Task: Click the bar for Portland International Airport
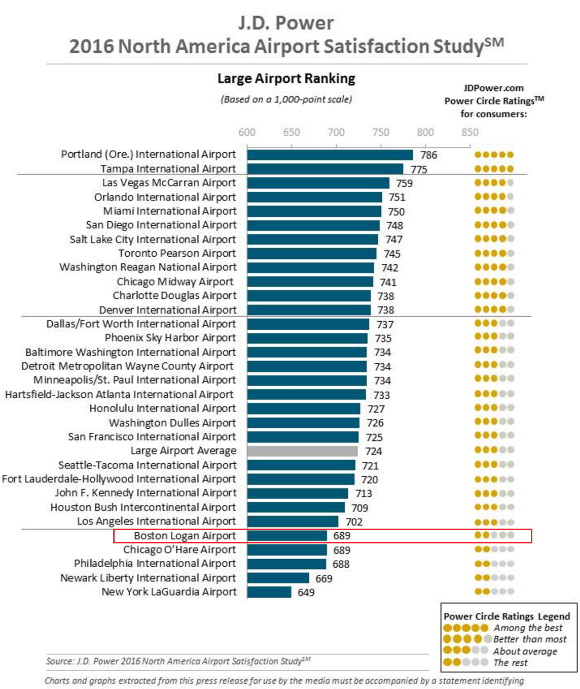(x=330, y=155)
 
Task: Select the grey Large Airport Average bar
(x=303, y=451)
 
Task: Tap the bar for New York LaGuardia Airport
(x=269, y=592)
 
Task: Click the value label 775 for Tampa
(x=419, y=169)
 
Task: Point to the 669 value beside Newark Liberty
(x=324, y=578)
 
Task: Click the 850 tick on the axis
(x=469, y=132)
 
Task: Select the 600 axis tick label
(x=247, y=132)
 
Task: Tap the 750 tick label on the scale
(x=381, y=132)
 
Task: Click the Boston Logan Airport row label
(x=185, y=536)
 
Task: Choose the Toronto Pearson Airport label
(x=177, y=253)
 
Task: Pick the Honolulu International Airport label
(x=162, y=408)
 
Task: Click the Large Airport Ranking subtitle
(x=286, y=79)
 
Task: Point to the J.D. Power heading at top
(x=286, y=23)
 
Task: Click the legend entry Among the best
(x=528, y=628)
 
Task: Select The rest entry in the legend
(x=511, y=663)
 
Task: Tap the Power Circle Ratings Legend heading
(x=506, y=616)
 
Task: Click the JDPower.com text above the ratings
(x=493, y=88)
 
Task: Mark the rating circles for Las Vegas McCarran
(x=494, y=183)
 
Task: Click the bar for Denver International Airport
(x=309, y=310)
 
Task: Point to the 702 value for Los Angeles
(x=354, y=522)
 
